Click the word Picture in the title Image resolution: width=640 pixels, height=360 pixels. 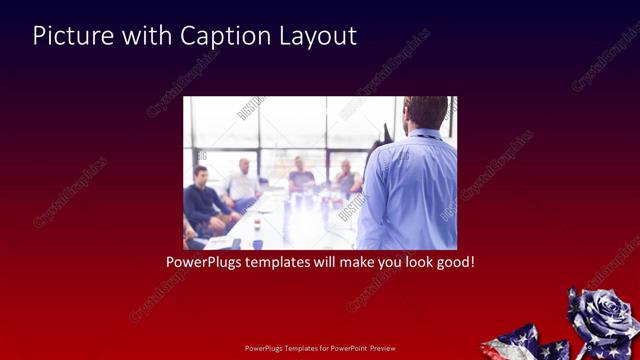pos(71,36)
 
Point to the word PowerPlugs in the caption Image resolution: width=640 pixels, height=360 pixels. pos(204,263)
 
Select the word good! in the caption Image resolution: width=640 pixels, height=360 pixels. pos(452,263)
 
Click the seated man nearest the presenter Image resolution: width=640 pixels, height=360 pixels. pos(346,180)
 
